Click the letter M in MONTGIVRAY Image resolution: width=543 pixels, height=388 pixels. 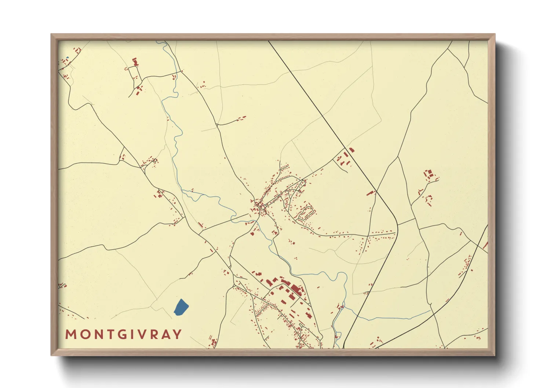tap(71, 334)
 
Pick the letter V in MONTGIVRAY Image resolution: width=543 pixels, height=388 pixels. tap(144, 334)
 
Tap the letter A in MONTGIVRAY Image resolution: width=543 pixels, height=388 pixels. tap(167, 334)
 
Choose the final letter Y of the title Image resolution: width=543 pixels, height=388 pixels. tap(178, 334)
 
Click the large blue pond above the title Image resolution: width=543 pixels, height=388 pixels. tap(181, 307)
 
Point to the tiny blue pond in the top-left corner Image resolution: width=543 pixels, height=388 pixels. tap(68, 58)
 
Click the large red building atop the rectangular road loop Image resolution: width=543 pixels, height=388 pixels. tap(135, 61)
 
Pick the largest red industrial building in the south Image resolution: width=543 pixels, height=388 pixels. tap(296, 292)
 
